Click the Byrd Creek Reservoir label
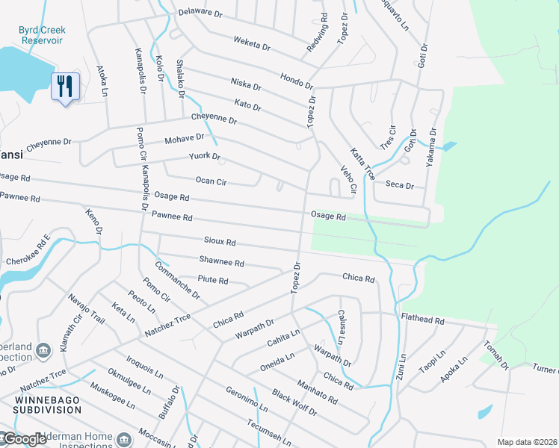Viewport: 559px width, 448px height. pos(42,35)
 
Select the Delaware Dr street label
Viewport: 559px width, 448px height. pos(200,13)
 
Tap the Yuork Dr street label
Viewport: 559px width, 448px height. pos(204,157)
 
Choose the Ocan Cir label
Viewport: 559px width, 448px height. pos(211,181)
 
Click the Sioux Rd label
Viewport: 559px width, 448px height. pos(220,242)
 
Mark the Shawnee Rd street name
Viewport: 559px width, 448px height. pos(221,263)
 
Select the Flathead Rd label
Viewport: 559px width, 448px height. pos(422,320)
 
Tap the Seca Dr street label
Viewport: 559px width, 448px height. pos(399,184)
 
